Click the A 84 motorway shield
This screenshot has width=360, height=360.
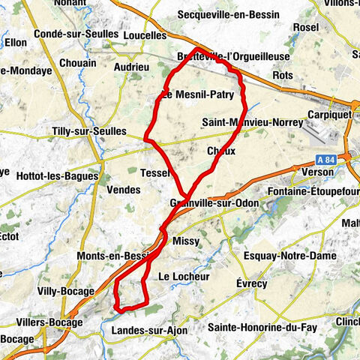click(x=325, y=159)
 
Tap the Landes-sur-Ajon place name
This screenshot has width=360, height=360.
click(x=146, y=330)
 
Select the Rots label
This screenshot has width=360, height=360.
click(x=283, y=76)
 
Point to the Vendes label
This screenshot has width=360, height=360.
click(x=124, y=190)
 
